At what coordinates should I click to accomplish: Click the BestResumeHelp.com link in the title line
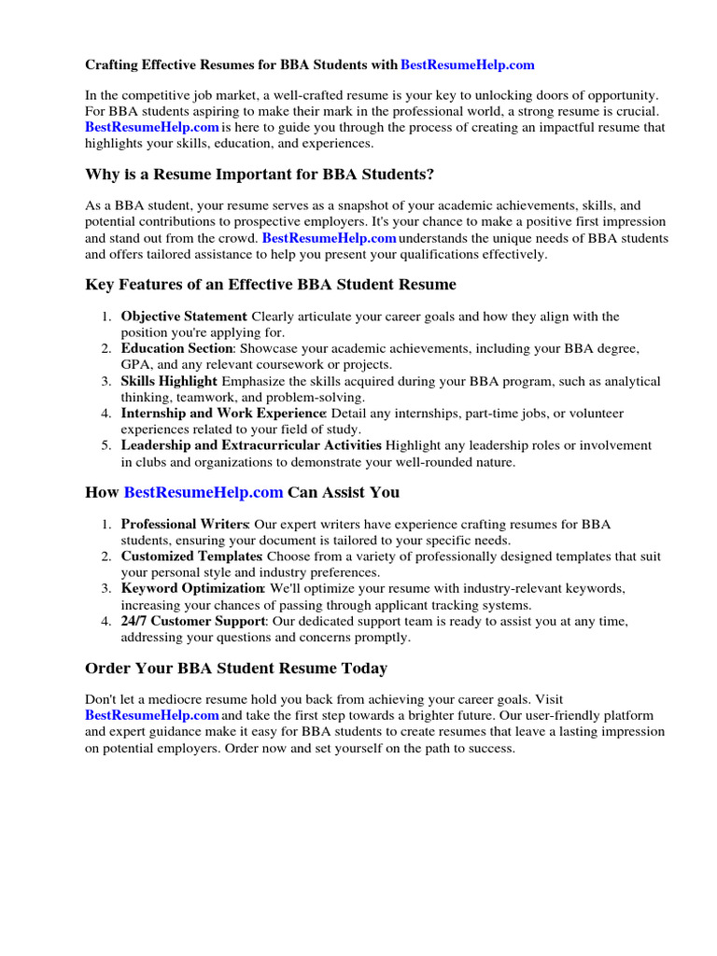(x=468, y=65)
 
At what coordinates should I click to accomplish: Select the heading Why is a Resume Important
(x=260, y=175)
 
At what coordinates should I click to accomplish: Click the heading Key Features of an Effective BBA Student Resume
(x=271, y=284)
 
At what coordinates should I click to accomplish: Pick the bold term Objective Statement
(x=184, y=317)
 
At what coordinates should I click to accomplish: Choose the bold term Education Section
(x=176, y=349)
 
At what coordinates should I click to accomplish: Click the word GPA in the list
(x=135, y=365)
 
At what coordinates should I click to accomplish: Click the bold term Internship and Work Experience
(x=223, y=414)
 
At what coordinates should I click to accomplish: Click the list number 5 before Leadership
(x=106, y=446)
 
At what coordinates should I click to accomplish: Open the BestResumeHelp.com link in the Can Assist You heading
(x=203, y=492)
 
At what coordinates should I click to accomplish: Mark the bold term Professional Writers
(x=184, y=525)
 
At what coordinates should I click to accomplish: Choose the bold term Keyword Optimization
(x=192, y=589)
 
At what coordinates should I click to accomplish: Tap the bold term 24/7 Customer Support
(x=194, y=622)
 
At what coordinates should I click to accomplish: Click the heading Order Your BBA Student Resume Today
(x=236, y=668)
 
